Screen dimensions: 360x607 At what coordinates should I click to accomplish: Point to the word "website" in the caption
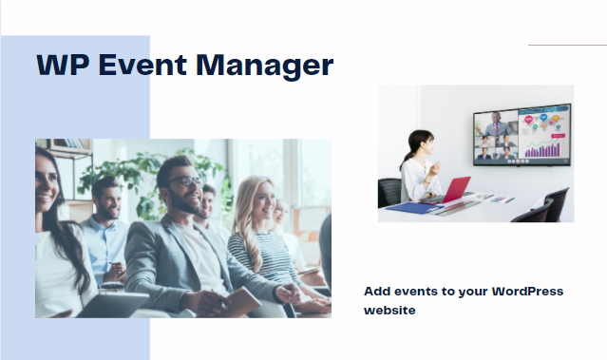(389, 310)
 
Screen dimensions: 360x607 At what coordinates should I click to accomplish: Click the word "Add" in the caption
(377, 291)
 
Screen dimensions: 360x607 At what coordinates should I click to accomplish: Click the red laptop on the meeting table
(454, 190)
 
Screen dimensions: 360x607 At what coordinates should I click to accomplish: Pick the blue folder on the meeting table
(410, 206)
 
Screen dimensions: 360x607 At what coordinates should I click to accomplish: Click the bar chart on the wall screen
(544, 148)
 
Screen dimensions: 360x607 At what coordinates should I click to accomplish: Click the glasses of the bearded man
(186, 181)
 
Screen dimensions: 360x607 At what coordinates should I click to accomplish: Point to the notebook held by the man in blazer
(237, 301)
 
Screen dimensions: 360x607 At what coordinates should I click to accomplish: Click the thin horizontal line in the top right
(566, 45)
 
